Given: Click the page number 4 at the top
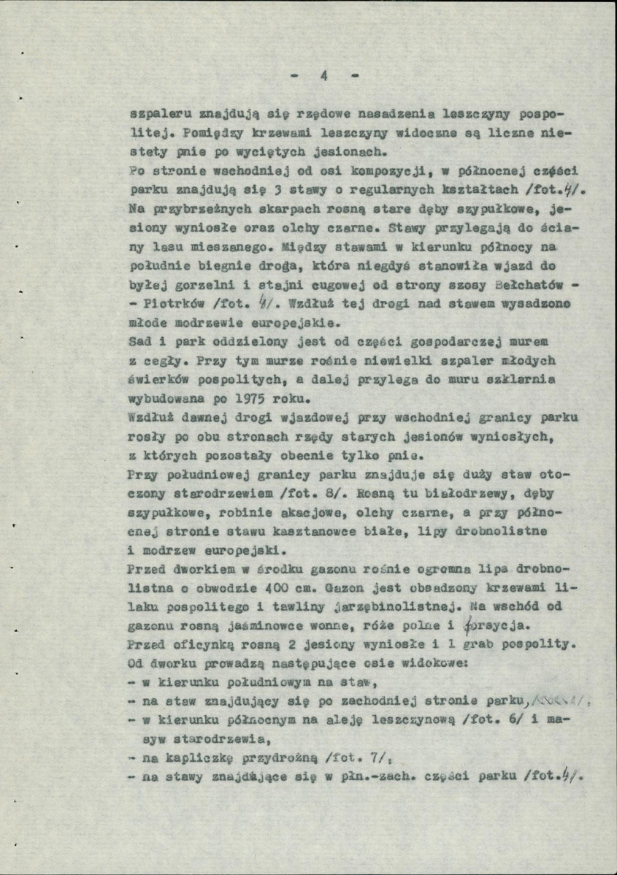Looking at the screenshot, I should pos(324,76).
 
